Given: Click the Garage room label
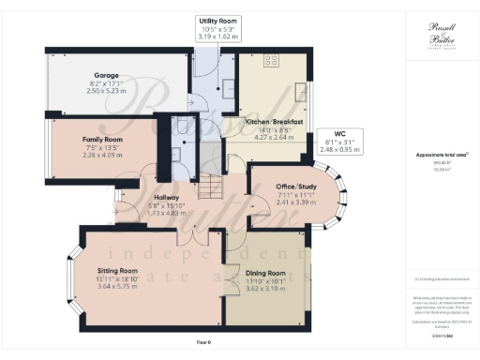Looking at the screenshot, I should point(103,73).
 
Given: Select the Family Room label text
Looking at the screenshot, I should point(99,139).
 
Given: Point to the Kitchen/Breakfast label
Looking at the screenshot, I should point(272,123).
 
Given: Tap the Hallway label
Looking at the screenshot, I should point(167,198).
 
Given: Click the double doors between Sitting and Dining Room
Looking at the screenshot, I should point(224,278).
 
